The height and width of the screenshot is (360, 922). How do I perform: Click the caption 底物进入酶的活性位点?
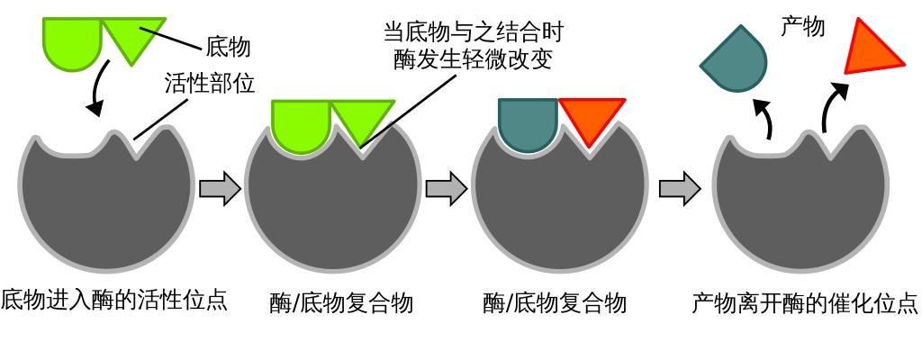point(113,300)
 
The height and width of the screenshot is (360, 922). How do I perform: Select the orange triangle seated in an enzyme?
point(591,118)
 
